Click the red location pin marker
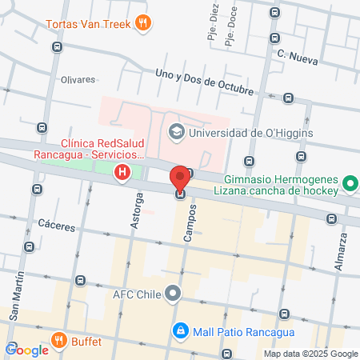[x=180, y=178]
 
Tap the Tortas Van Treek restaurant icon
[x=143, y=22]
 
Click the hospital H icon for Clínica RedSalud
[x=122, y=172]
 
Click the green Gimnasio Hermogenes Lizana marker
[x=350, y=185]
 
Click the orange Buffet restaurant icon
[x=58, y=342]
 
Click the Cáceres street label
[x=56, y=227]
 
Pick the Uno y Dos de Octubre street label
[x=206, y=83]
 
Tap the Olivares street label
[x=78, y=80]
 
